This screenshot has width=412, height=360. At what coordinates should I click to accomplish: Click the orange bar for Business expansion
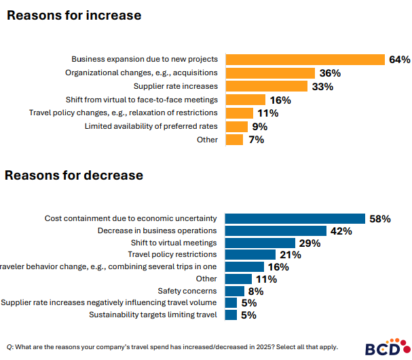(x=305, y=60)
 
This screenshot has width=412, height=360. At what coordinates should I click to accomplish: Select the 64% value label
(x=399, y=60)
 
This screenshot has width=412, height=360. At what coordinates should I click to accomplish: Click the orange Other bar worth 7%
(x=234, y=140)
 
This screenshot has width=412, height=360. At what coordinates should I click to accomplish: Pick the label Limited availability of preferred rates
(x=151, y=126)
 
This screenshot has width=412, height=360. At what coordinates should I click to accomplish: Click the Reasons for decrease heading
(x=74, y=175)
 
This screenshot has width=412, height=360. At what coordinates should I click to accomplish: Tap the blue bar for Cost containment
(x=295, y=218)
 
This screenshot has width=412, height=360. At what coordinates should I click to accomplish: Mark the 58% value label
(x=379, y=218)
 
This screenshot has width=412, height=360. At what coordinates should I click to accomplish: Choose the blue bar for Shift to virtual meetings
(x=260, y=243)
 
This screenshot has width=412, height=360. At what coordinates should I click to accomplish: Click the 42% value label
(x=341, y=231)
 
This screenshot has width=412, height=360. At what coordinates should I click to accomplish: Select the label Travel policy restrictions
(x=172, y=254)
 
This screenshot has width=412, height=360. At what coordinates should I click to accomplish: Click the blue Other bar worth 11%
(x=238, y=279)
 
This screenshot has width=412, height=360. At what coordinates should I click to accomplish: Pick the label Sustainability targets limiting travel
(x=153, y=315)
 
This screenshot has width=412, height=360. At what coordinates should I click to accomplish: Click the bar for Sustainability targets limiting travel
(x=231, y=315)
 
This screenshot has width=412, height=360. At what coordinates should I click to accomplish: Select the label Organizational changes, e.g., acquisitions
(x=141, y=73)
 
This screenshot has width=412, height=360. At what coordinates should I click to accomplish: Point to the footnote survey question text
(x=172, y=346)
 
